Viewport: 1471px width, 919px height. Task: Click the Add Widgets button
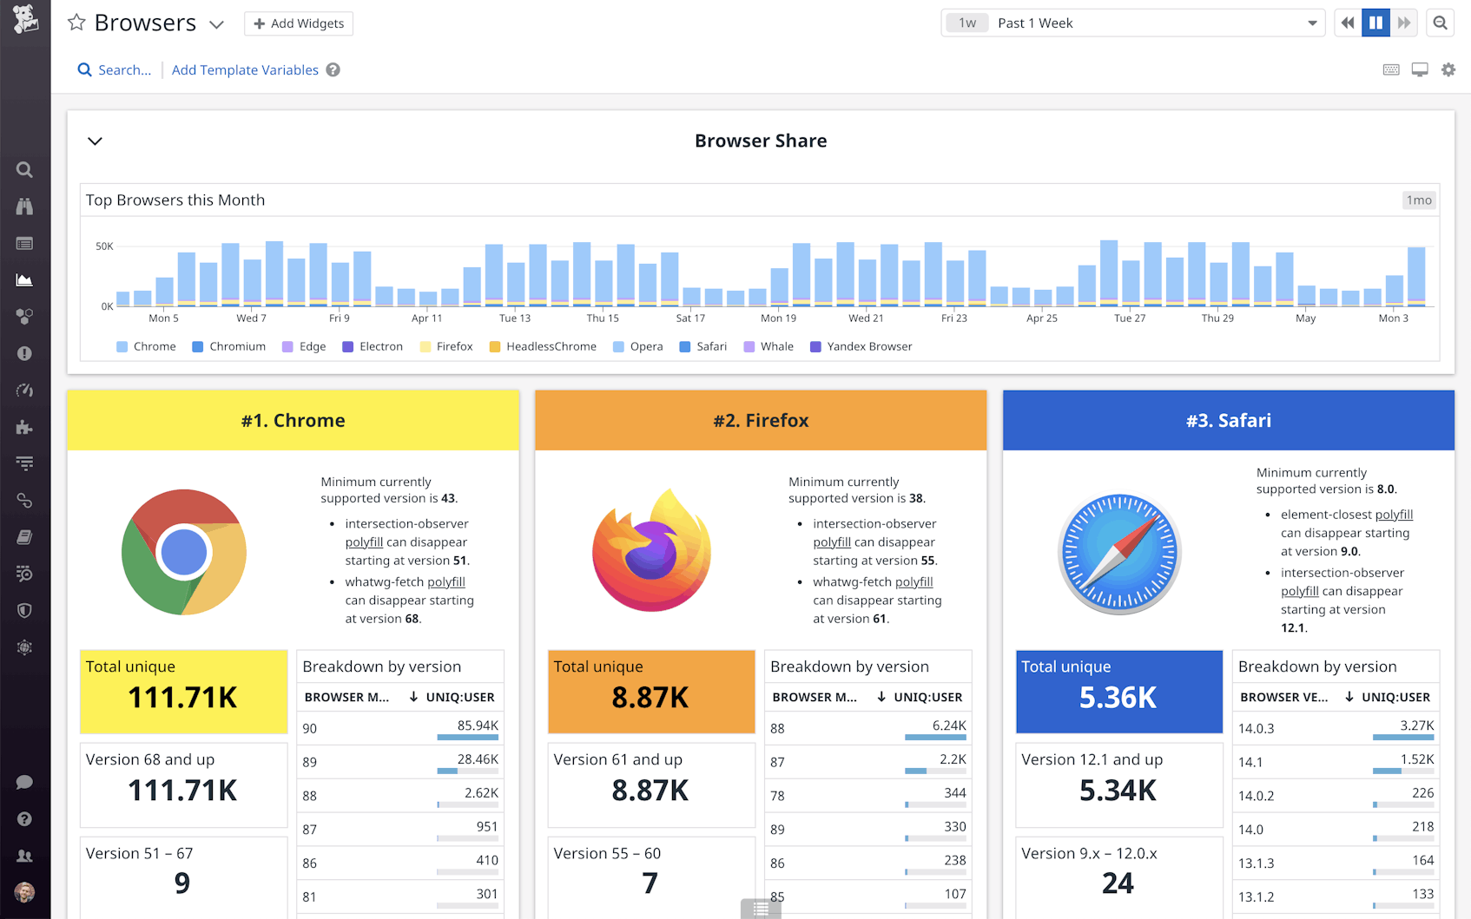[299, 23]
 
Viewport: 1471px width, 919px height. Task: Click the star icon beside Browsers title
[76, 23]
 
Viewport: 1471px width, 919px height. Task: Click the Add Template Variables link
[245, 70]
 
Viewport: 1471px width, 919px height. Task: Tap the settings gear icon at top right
[1448, 69]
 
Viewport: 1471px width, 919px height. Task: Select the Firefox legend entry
[454, 346]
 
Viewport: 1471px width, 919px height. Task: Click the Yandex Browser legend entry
[868, 346]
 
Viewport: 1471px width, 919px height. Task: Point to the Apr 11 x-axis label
[426, 318]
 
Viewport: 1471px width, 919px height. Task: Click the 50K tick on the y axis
[104, 246]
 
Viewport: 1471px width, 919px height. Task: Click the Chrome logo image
[184, 552]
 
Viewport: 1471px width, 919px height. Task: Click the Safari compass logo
[1119, 553]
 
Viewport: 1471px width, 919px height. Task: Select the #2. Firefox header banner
[761, 421]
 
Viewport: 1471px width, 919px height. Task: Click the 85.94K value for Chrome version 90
[478, 725]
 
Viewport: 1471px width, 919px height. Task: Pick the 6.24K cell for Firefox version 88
[948, 725]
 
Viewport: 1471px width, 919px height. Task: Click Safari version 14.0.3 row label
[1256, 729]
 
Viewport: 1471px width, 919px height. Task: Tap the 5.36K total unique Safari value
[1118, 698]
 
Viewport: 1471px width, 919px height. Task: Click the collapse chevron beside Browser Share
[96, 141]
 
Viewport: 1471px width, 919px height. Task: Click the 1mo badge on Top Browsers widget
[1419, 200]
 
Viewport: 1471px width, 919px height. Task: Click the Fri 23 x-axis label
[953, 318]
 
